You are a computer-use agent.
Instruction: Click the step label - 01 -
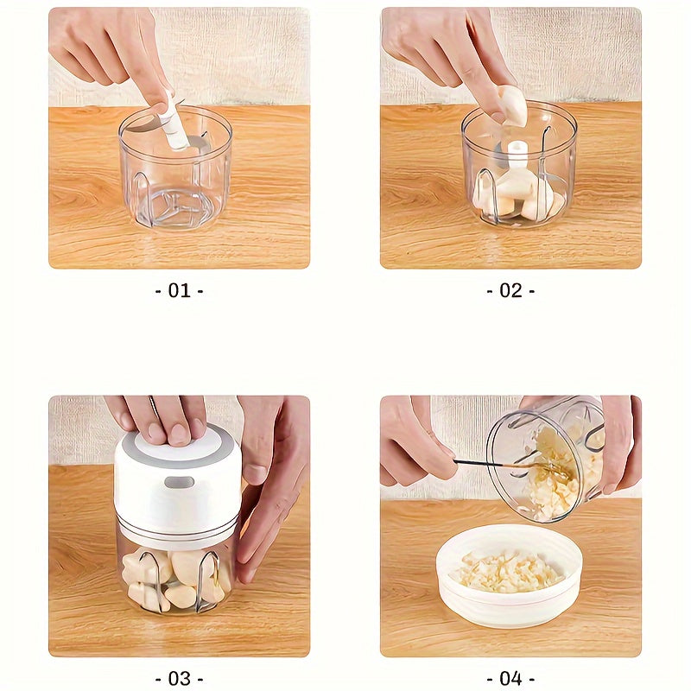click(179, 291)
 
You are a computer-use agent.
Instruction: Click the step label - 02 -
click(510, 291)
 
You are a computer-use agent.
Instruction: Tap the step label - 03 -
click(179, 678)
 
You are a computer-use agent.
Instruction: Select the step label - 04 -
click(510, 678)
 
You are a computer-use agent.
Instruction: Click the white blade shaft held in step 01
click(175, 125)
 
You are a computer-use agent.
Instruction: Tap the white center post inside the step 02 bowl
click(517, 155)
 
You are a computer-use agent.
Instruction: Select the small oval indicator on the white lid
click(179, 482)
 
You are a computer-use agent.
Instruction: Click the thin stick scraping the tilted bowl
click(492, 464)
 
